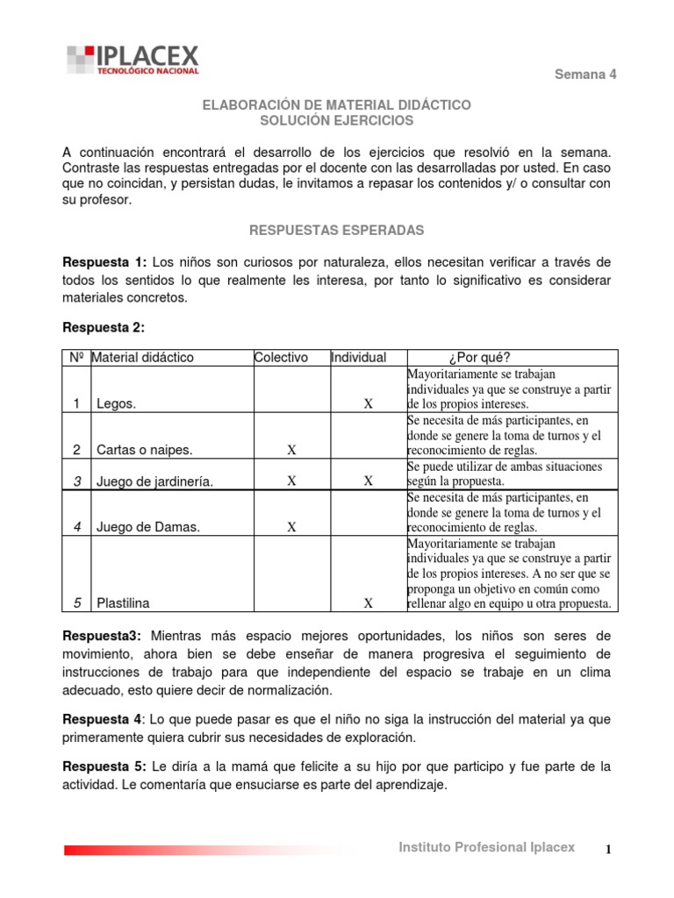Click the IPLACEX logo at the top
pyautogui.click(x=133, y=60)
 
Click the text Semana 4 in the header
pyautogui.click(x=585, y=75)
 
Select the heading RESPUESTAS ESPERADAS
pyautogui.click(x=337, y=230)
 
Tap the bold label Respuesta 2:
pyautogui.click(x=103, y=328)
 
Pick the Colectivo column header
pyautogui.click(x=281, y=357)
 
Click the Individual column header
pyautogui.click(x=358, y=357)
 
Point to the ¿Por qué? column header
pyautogui.click(x=478, y=357)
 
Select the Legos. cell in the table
pyautogui.click(x=116, y=404)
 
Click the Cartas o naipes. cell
pyautogui.click(x=145, y=450)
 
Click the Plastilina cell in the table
pyautogui.click(x=124, y=603)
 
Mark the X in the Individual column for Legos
pyautogui.click(x=369, y=404)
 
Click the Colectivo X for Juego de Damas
pyautogui.click(x=291, y=527)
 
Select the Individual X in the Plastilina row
pyautogui.click(x=369, y=603)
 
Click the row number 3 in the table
pyautogui.click(x=77, y=481)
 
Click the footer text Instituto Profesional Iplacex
pyautogui.click(x=487, y=847)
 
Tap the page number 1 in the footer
pyautogui.click(x=613, y=849)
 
